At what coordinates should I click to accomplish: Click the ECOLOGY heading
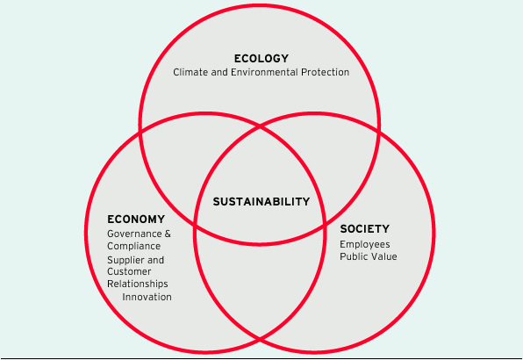[x=261, y=58]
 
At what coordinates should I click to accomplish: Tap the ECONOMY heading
[x=136, y=220]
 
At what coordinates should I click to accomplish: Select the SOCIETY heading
[x=364, y=229]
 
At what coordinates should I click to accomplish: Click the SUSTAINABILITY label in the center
[x=261, y=202]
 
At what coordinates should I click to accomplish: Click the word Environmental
[x=264, y=72]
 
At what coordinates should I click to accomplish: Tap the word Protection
[x=325, y=72]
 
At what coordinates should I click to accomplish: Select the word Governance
[x=134, y=234]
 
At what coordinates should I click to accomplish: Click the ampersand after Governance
[x=168, y=234]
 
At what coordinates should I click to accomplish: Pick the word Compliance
[x=133, y=246]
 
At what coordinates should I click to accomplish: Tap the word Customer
[x=129, y=271]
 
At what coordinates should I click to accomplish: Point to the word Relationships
[x=138, y=284]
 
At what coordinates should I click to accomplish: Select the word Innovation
[x=147, y=297]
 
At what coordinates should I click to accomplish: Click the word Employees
[x=365, y=245]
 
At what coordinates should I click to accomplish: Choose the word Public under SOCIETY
[x=352, y=256]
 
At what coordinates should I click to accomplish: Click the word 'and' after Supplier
[x=155, y=260]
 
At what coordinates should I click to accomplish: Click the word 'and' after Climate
[x=219, y=72]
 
